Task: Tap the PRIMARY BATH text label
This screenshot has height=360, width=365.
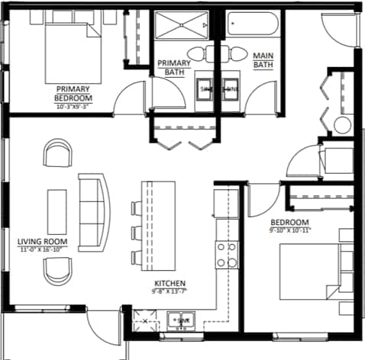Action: [173, 67]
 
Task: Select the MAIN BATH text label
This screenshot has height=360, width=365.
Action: [263, 60]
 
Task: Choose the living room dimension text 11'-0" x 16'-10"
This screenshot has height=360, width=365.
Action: [43, 249]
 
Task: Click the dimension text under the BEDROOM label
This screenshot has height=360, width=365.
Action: [290, 229]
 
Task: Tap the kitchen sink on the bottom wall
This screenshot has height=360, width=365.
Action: [181, 320]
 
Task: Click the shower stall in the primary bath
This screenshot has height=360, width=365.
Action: [182, 29]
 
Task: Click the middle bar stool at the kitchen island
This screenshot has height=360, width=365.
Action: [135, 231]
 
